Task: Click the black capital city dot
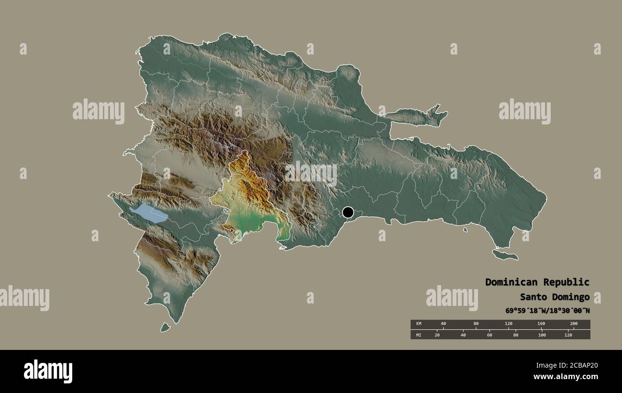tap(348, 212)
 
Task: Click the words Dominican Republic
tap(537, 282)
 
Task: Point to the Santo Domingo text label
tap(555, 297)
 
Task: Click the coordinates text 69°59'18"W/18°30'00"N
tap(547, 311)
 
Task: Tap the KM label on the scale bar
tap(418, 324)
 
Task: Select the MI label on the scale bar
tap(418, 335)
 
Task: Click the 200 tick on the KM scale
tap(574, 324)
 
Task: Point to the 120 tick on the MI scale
tap(568, 335)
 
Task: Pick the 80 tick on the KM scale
tap(476, 324)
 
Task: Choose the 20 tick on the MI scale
tap(437, 335)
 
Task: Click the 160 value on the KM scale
tap(541, 324)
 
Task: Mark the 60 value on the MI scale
tap(489, 335)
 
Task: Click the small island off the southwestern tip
tap(165, 327)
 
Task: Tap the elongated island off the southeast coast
tap(505, 255)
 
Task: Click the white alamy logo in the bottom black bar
tap(48, 371)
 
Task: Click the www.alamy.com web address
tap(567, 377)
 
